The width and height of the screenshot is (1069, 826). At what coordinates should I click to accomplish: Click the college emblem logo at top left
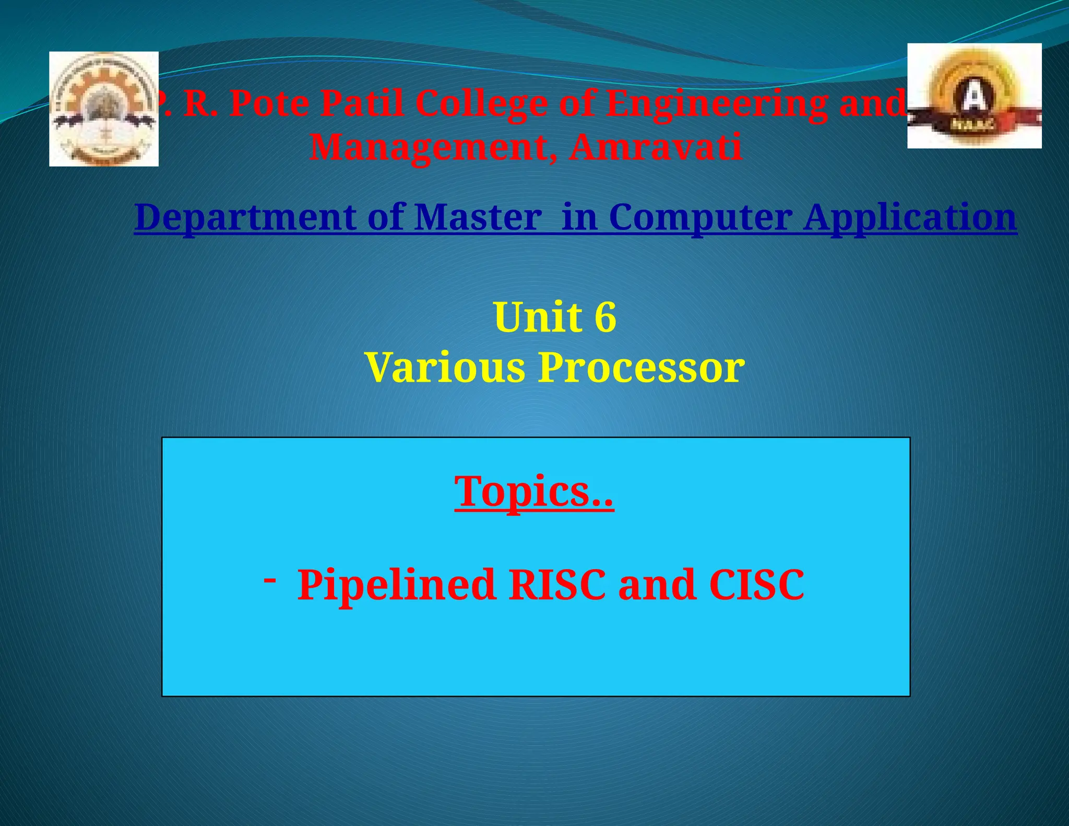pos(104,109)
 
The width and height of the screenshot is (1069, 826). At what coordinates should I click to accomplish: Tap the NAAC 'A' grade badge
pos(974,96)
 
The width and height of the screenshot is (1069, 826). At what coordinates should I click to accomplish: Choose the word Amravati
pos(655,147)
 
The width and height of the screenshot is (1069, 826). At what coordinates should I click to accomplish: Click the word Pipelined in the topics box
pos(396,585)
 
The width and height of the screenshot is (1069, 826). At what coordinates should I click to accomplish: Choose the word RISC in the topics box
pos(557,585)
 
